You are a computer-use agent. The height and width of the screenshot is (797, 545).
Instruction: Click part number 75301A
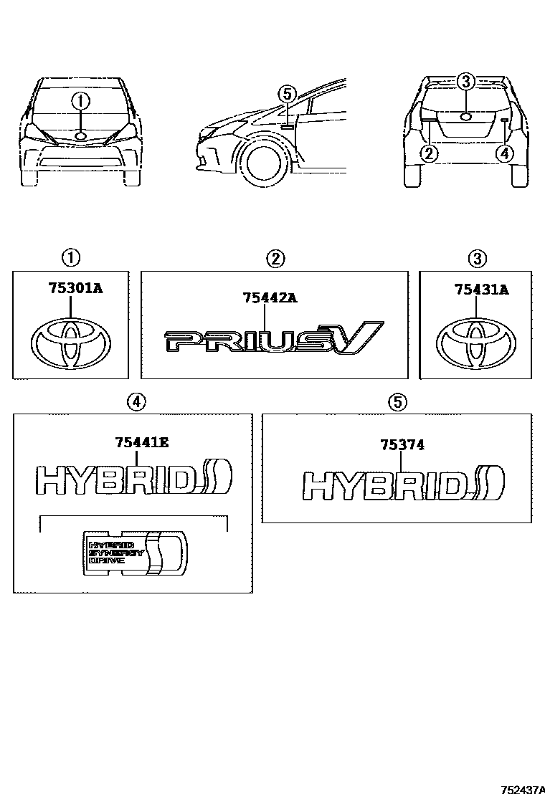tap(76, 289)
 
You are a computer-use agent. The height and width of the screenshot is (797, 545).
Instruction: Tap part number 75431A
tap(481, 289)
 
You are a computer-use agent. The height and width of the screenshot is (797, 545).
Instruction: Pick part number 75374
tap(402, 445)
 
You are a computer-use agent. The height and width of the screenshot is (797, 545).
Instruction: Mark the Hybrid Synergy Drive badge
tap(135, 553)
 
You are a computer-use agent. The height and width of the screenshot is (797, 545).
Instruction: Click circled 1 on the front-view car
tap(81, 102)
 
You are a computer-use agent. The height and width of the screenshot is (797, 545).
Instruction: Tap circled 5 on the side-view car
tap(286, 94)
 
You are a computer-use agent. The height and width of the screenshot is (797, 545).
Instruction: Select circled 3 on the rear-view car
tap(465, 82)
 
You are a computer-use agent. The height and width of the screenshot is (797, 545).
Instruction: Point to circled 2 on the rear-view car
tap(429, 152)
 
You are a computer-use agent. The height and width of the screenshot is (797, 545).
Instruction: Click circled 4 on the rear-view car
tap(504, 152)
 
